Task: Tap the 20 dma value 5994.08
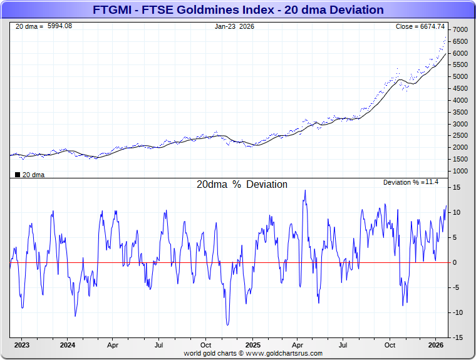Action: (59, 26)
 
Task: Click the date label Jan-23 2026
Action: (234, 26)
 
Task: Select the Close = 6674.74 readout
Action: (420, 26)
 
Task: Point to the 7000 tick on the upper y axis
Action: (460, 30)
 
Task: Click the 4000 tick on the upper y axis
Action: (460, 100)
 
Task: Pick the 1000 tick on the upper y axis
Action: (460, 171)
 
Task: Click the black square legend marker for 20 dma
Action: (17, 174)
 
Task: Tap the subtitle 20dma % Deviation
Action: (242, 185)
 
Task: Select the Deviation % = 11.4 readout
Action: (411, 182)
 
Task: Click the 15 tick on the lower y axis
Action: (457, 188)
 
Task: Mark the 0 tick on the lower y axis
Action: (455, 262)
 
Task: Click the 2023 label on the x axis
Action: (22, 345)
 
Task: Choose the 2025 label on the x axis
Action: (252, 345)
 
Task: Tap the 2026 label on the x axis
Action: (436, 345)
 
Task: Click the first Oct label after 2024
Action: (206, 345)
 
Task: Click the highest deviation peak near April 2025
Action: (305, 190)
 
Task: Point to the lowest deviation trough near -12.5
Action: (227, 325)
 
